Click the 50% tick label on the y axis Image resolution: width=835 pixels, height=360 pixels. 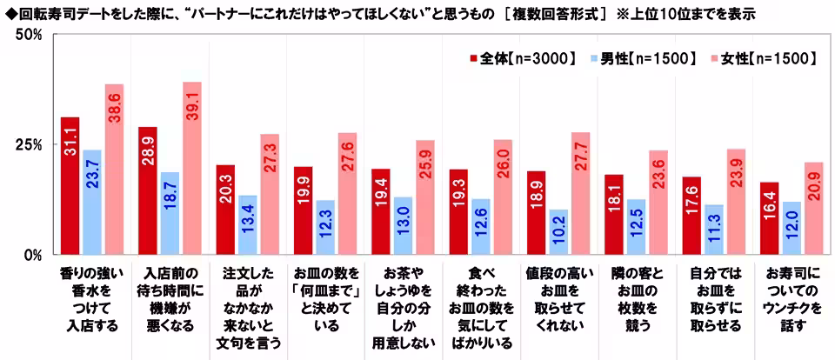(30, 35)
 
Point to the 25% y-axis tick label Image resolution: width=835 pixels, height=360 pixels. (30, 145)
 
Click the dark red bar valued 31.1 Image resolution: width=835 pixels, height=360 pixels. (70, 186)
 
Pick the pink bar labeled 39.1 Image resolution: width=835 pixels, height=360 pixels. (192, 169)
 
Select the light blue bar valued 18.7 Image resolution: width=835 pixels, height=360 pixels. (170, 213)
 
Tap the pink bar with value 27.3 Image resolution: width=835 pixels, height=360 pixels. (270, 195)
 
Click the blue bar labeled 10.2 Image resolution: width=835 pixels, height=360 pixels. (558, 232)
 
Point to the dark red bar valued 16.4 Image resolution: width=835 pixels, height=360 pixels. (768, 218)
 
